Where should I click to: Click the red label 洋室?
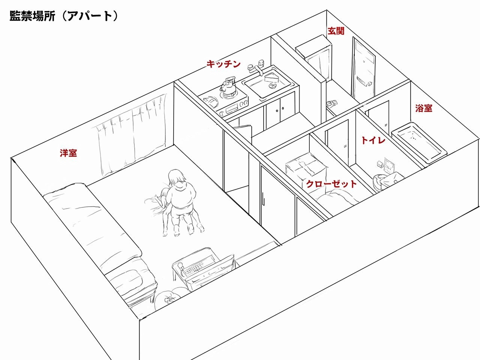pos(69,153)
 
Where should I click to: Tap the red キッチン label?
pos(223,64)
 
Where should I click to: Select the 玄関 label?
pos(336,31)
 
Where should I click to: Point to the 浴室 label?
pos(424,108)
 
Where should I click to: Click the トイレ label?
pos(373,140)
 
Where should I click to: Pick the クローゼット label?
pos(331,184)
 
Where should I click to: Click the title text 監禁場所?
pos(32,16)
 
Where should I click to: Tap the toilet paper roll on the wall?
pos(380,163)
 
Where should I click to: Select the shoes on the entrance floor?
pos(332,103)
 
